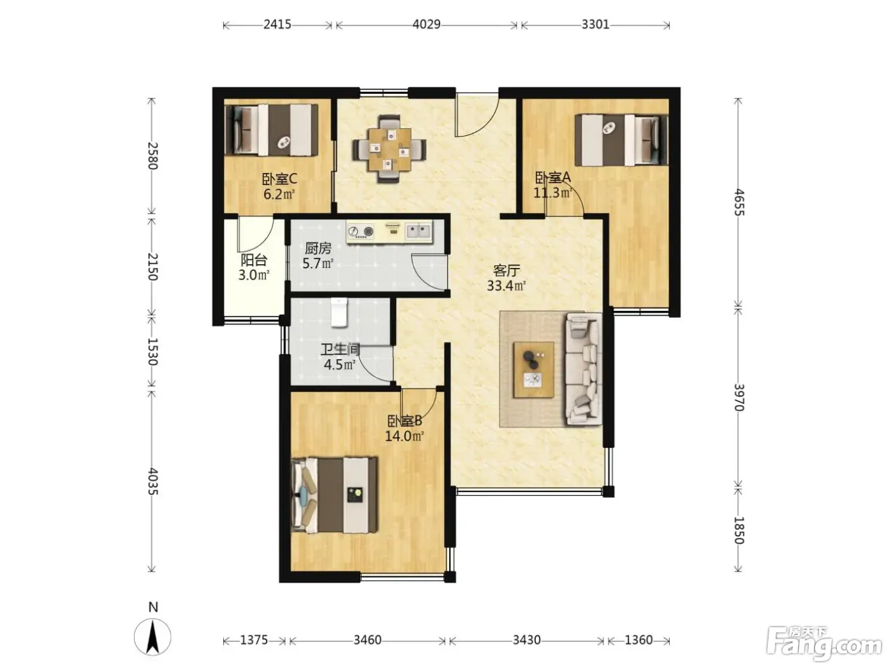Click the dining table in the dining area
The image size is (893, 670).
tap(389, 149)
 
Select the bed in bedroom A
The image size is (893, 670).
tap(621, 140)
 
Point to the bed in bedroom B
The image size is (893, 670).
tap(334, 495)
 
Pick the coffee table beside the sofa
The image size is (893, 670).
tap(533, 369)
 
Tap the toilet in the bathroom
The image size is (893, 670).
tap(339, 312)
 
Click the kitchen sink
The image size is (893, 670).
tap(418, 232)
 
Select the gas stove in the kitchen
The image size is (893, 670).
tap(361, 232)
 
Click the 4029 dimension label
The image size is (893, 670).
tap(426, 24)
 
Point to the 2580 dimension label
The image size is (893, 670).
tap(152, 156)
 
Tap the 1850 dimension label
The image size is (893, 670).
tap(739, 530)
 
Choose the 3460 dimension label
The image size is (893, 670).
tap(367, 640)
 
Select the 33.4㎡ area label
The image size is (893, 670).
tap(506, 286)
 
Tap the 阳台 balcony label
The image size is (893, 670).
tap(254, 260)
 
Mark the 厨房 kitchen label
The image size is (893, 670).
tap(318, 248)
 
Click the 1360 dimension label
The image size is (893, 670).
tap(638, 640)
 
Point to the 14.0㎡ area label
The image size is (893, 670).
tap(405, 436)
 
